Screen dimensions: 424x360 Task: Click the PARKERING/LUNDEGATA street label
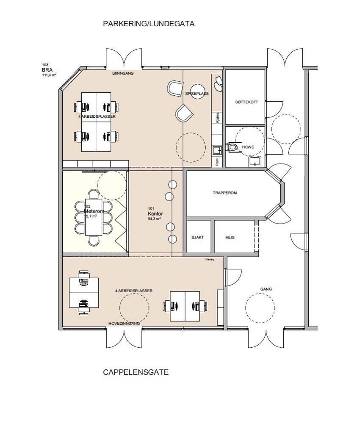[x=149, y=24]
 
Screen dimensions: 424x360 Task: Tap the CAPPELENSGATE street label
[x=136, y=373]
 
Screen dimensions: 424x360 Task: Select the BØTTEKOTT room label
[x=244, y=103]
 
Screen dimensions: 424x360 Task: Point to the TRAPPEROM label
[x=224, y=193]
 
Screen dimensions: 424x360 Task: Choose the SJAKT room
[x=198, y=238]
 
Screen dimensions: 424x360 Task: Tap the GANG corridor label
[x=266, y=289]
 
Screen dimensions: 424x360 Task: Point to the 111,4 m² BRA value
[x=49, y=75]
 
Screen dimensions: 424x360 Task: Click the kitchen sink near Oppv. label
[x=216, y=150]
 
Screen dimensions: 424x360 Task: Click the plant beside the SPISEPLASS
[x=218, y=83]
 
